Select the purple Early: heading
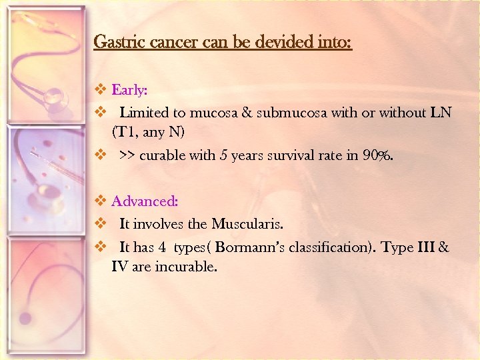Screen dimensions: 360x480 pyautogui.click(x=129, y=89)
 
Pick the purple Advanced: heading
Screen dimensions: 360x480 pyautogui.click(x=144, y=201)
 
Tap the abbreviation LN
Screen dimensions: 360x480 pyautogui.click(x=441, y=113)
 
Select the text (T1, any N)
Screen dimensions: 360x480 pyautogui.click(x=148, y=132)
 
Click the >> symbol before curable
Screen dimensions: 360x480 pyautogui.click(x=127, y=156)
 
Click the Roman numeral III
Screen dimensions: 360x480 pyautogui.click(x=425, y=248)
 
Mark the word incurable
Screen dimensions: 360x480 pyautogui.click(x=186, y=267)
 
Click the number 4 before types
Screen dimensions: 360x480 pyautogui.click(x=161, y=248)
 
